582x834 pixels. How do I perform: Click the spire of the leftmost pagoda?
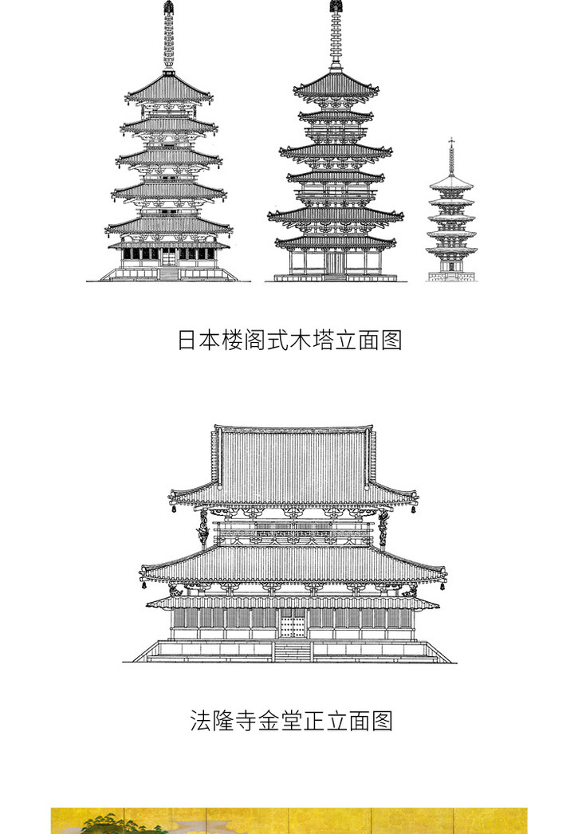point(168,36)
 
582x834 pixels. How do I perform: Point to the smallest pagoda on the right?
point(451,215)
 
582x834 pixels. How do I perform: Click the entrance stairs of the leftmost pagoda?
point(168,273)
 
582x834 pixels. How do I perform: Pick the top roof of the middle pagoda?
point(336,84)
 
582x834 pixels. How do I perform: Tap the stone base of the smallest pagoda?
point(451,276)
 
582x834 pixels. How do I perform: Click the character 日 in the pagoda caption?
point(187,340)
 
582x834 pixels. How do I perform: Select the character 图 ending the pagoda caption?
point(391,340)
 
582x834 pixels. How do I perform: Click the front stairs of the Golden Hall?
point(293,651)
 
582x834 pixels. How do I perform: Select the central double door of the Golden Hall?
point(293,623)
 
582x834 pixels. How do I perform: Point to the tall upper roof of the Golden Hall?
point(293,462)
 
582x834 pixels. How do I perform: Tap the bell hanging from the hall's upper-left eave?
point(172,509)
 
